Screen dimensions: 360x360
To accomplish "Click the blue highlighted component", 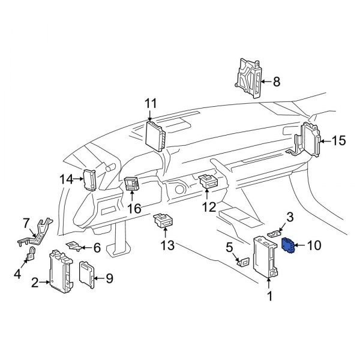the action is coord(287,245).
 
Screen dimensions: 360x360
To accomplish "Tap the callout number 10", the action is coord(314,245).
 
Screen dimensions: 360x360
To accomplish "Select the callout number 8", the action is coord(277,82).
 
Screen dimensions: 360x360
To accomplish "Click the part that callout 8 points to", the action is coord(248,78).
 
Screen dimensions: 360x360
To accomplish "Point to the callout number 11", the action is coord(151,103).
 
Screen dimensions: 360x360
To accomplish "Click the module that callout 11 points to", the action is coord(155,136).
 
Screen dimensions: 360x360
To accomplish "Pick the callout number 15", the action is coord(338,140).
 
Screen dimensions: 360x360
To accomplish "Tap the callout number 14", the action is coord(67,179).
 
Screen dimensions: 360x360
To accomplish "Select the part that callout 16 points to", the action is coord(131,184).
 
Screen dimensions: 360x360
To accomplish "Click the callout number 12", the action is coord(209,207).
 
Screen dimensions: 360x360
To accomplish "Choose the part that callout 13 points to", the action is coord(163,220).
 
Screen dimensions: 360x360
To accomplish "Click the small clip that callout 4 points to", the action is coord(31,254).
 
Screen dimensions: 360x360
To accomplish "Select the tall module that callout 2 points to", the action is coord(61,271).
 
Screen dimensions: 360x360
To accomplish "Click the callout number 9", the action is coord(109,278).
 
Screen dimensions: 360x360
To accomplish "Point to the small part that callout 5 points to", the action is coord(243,262).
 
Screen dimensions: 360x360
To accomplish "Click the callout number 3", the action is coord(290,217).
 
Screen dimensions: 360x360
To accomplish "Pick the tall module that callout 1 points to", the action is coord(265,257).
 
